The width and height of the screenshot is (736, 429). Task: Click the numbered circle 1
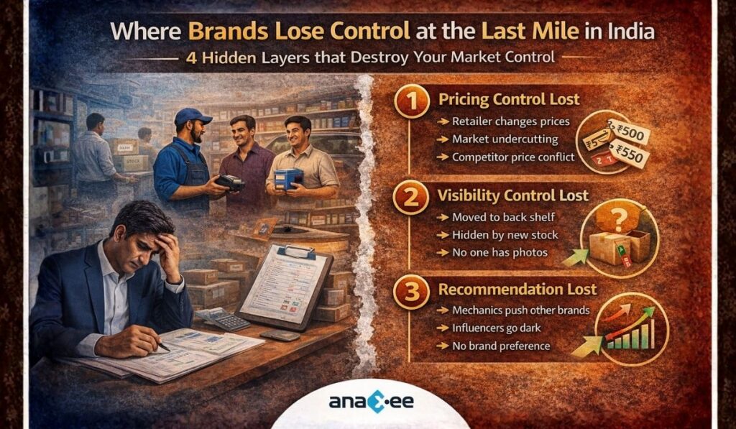[410, 103]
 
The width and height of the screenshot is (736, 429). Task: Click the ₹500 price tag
[630, 134]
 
